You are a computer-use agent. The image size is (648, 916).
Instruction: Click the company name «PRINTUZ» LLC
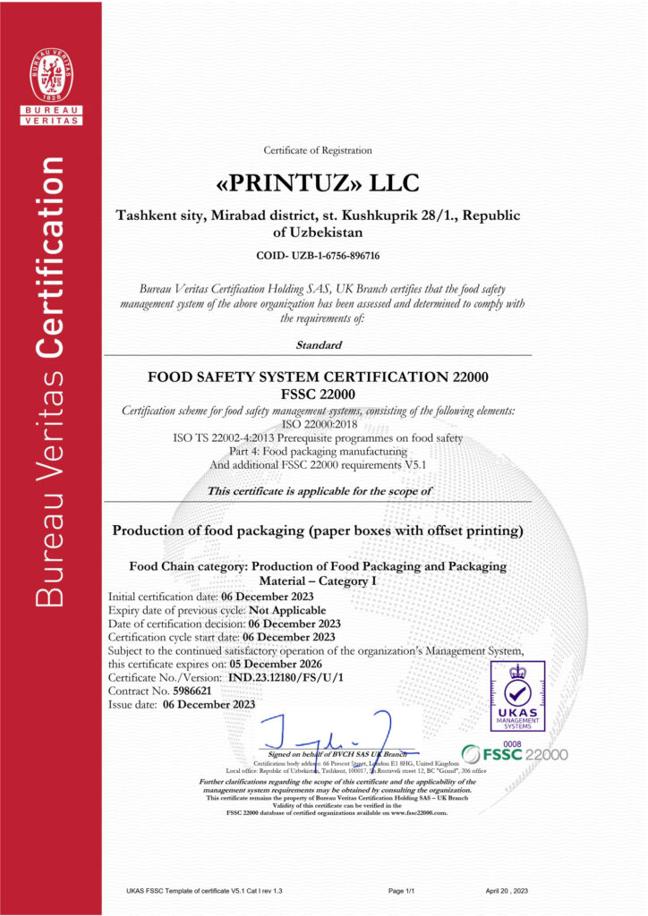coord(318,184)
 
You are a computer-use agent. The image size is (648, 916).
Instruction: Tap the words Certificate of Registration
coord(318,150)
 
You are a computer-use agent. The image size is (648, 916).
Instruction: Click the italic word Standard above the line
coord(318,344)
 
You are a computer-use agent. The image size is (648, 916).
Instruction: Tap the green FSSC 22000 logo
coord(514,754)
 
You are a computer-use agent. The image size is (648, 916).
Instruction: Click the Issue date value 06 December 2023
coord(209,705)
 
